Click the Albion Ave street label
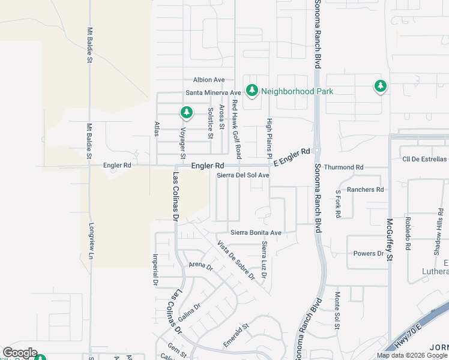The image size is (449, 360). (x=208, y=80)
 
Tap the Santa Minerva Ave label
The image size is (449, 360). (x=213, y=92)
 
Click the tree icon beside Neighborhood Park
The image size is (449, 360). (x=252, y=91)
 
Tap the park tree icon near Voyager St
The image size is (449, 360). (x=187, y=112)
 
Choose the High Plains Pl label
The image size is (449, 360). (x=270, y=137)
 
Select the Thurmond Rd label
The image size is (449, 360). (x=343, y=167)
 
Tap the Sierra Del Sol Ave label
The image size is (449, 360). (x=243, y=175)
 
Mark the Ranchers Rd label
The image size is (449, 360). (x=365, y=190)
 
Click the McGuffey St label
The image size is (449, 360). (x=389, y=239)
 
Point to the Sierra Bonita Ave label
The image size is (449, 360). (x=256, y=233)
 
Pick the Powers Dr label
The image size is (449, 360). (x=369, y=254)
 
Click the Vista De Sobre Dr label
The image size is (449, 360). (x=237, y=260)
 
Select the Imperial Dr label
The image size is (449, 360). (x=155, y=269)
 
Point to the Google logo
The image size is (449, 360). (x=20, y=353)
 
